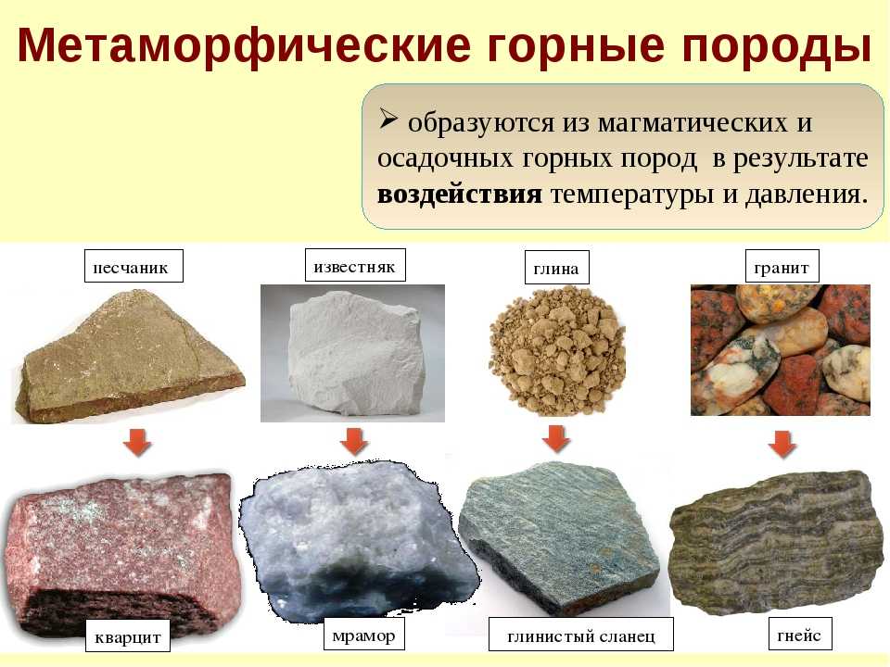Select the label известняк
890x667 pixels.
point(355,266)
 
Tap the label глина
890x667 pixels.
point(557,268)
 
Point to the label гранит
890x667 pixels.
point(782,267)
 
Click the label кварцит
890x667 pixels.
point(128,637)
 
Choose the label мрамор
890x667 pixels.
point(364,635)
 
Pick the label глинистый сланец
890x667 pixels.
point(581,635)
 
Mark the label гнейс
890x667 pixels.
point(800,634)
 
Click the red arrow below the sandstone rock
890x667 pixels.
point(138,442)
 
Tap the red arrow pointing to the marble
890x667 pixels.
point(355,441)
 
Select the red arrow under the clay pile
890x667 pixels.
point(556,439)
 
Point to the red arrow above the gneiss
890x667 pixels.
point(782,444)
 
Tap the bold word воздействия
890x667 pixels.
point(459,195)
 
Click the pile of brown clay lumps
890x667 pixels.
point(557,351)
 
